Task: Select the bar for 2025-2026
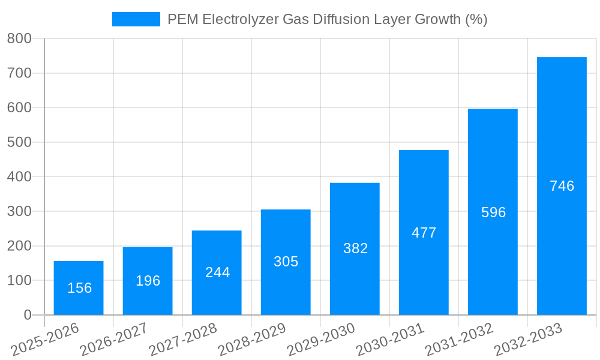pos(79,288)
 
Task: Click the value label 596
pos(493,212)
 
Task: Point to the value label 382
pos(355,248)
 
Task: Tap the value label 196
pos(148,281)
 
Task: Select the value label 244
pos(217,272)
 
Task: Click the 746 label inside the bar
pos(562,186)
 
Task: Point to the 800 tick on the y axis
pos(19,39)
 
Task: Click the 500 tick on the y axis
pos(19,142)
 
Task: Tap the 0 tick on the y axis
pos(27,315)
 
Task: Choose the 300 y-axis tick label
pos(19,211)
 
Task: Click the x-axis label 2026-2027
pos(114,339)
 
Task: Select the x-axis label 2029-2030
pos(321,339)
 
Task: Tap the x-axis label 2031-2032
pos(459,339)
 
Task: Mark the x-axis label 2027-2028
pos(183,339)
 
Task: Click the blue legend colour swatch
pos(136,19)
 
